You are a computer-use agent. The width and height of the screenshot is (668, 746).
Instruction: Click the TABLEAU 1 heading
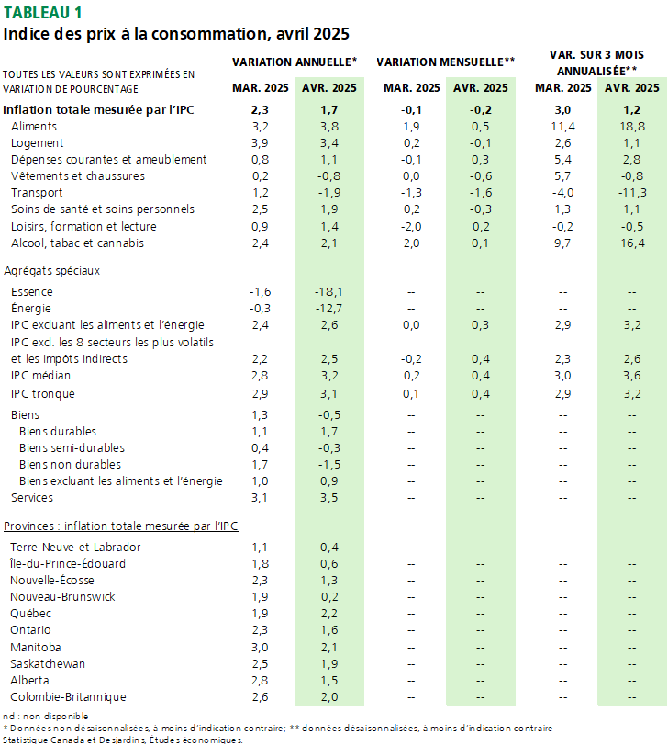(42, 12)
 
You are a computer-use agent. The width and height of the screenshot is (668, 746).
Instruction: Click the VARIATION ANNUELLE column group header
(295, 62)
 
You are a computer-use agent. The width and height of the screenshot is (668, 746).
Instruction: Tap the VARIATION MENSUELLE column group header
(446, 62)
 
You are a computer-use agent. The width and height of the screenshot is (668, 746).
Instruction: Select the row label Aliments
(34, 127)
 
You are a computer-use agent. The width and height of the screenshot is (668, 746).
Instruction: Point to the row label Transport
(37, 193)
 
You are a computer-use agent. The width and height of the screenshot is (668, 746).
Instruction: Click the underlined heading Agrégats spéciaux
(51, 271)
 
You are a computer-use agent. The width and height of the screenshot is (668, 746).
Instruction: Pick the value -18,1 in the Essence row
(328, 291)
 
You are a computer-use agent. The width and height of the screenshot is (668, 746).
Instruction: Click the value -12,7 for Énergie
(328, 309)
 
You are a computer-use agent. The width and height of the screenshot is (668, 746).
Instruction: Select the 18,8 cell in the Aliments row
(632, 127)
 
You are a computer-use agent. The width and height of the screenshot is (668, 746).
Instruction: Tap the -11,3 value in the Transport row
(632, 193)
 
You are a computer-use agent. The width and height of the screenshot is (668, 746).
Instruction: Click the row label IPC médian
(40, 376)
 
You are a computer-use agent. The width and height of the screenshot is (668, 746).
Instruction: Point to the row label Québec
(30, 614)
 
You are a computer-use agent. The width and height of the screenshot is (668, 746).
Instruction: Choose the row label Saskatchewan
(48, 663)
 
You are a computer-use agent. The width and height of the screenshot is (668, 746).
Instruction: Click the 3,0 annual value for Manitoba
(260, 648)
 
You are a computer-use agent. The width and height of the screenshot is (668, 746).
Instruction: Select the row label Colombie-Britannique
(68, 697)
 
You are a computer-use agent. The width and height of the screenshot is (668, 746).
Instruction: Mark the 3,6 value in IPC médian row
(632, 376)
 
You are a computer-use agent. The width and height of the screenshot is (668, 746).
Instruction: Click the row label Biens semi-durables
(72, 448)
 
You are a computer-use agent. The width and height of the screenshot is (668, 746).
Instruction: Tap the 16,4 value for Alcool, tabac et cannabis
(632, 243)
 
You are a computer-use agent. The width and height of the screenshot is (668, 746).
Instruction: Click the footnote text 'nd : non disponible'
(46, 716)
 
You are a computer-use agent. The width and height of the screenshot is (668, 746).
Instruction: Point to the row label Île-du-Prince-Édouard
(68, 563)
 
